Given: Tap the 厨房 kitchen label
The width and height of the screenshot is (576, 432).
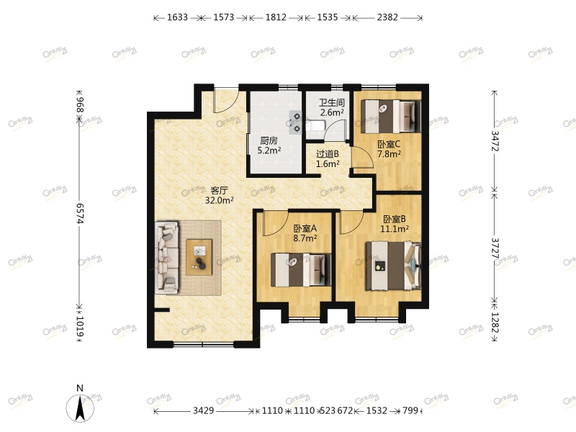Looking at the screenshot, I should click(269, 141).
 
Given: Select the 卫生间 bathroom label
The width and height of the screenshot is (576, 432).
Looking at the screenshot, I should click(332, 102).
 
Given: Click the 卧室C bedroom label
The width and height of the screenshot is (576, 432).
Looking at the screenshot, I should click(389, 144).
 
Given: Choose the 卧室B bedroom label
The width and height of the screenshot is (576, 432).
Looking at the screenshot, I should click(395, 219).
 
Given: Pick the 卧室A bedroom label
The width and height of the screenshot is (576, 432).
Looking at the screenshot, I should click(305, 228).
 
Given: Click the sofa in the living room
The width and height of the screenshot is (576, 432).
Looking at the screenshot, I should click(167, 257).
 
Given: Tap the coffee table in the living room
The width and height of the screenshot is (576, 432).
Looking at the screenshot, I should click(200, 256).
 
